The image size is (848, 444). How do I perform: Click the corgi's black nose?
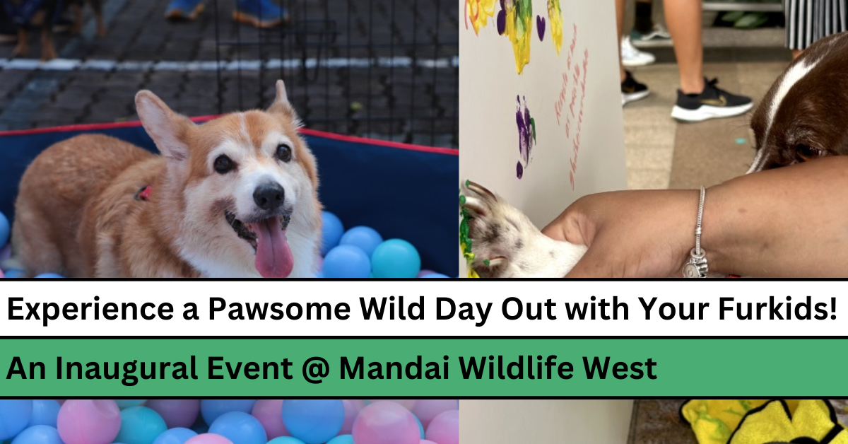coord(269,197)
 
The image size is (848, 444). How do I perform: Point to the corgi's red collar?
coord(143,192)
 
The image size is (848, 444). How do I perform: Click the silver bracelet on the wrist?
coord(699,226)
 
